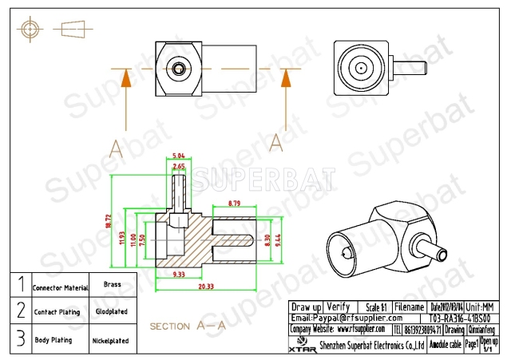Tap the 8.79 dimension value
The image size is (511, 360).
(235, 204)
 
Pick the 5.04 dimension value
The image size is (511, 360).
(180, 156)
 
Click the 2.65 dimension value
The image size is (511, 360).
(180, 166)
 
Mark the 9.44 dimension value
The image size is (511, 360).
(279, 238)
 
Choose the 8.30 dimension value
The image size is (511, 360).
(267, 238)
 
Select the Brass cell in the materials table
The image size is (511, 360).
(113, 284)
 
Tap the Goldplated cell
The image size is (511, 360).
(113, 312)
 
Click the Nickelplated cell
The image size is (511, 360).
(113, 339)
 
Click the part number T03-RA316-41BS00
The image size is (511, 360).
(454, 318)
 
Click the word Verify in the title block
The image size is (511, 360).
(339, 307)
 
